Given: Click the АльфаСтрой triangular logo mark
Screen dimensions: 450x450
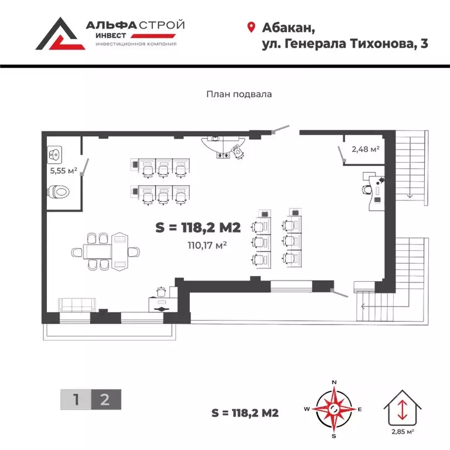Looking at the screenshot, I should pos(57,33).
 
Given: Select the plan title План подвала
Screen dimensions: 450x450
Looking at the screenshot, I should pos(239,93).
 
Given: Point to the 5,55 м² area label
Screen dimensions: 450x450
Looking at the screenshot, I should pos(64,171).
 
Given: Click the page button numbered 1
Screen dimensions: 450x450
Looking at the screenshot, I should pos(76,400).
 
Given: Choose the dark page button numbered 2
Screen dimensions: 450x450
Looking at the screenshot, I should pos(105,400).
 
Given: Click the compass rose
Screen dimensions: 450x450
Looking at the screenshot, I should pos(333,408).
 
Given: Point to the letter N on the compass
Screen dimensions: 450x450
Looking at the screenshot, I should pos(334,382).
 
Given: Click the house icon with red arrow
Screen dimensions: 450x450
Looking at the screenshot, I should pos(402,408).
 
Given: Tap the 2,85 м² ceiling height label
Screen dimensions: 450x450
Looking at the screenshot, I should pos(403,432).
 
